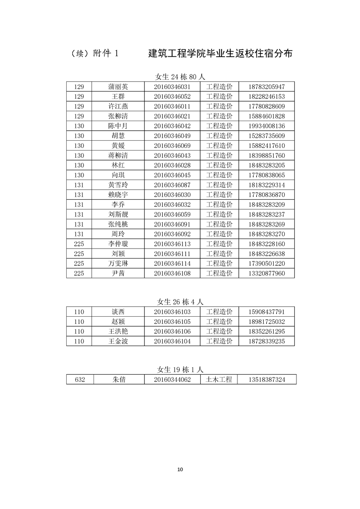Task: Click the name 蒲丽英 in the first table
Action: pyautogui.click(x=118, y=87)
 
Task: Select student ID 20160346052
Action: pyautogui.click(x=172, y=97)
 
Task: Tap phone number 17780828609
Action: pyautogui.click(x=266, y=106)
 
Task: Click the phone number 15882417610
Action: pyautogui.click(x=266, y=146)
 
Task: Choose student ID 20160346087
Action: pyautogui.click(x=172, y=185)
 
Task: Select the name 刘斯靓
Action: pyautogui.click(x=118, y=215)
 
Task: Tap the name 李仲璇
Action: pyautogui.click(x=118, y=244)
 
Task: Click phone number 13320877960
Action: pyautogui.click(x=266, y=274)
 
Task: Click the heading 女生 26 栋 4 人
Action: pyautogui.click(x=181, y=302)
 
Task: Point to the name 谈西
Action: pyautogui.click(x=118, y=312)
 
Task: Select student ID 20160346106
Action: pyautogui.click(x=172, y=331)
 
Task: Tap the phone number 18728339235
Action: pyautogui.click(x=266, y=341)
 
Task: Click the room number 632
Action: pyautogui.click(x=80, y=380)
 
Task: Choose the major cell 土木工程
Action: pyautogui.click(x=219, y=380)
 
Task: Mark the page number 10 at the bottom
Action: pyautogui.click(x=180, y=469)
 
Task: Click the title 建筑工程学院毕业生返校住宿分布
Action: pyautogui.click(x=220, y=54)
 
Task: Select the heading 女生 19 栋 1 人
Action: pyautogui.click(x=181, y=370)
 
